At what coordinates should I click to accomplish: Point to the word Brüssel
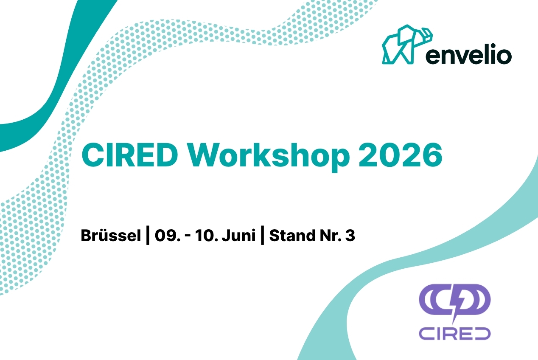110,236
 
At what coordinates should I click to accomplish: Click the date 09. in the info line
166,236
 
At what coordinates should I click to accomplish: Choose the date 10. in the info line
205,236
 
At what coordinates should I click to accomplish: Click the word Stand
288,236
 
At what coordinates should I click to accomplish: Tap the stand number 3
350,236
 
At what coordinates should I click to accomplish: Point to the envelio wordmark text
468,55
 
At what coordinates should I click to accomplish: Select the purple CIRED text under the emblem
454,333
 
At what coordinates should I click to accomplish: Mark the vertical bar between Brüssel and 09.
147,236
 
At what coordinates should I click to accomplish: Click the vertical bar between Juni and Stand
262,236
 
